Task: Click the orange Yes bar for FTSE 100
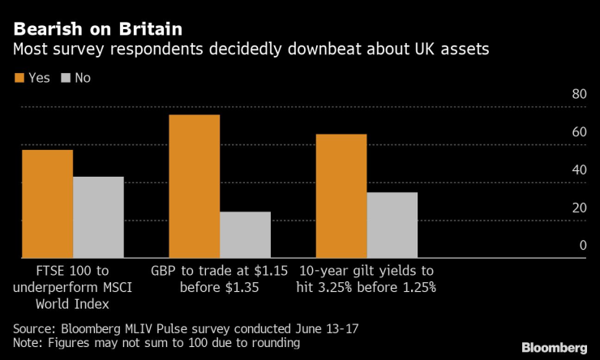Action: [47, 204]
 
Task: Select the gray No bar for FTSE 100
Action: [98, 217]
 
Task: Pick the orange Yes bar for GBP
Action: [194, 186]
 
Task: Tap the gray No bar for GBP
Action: [245, 234]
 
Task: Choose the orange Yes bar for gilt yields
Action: [341, 195]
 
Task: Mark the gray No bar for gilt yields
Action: [392, 225]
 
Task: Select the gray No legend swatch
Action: [66, 79]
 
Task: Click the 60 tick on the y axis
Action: [578, 131]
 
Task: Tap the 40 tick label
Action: [578, 169]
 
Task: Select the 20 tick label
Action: [578, 208]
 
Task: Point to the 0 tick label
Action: [581, 246]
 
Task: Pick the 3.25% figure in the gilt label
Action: [339, 287]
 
